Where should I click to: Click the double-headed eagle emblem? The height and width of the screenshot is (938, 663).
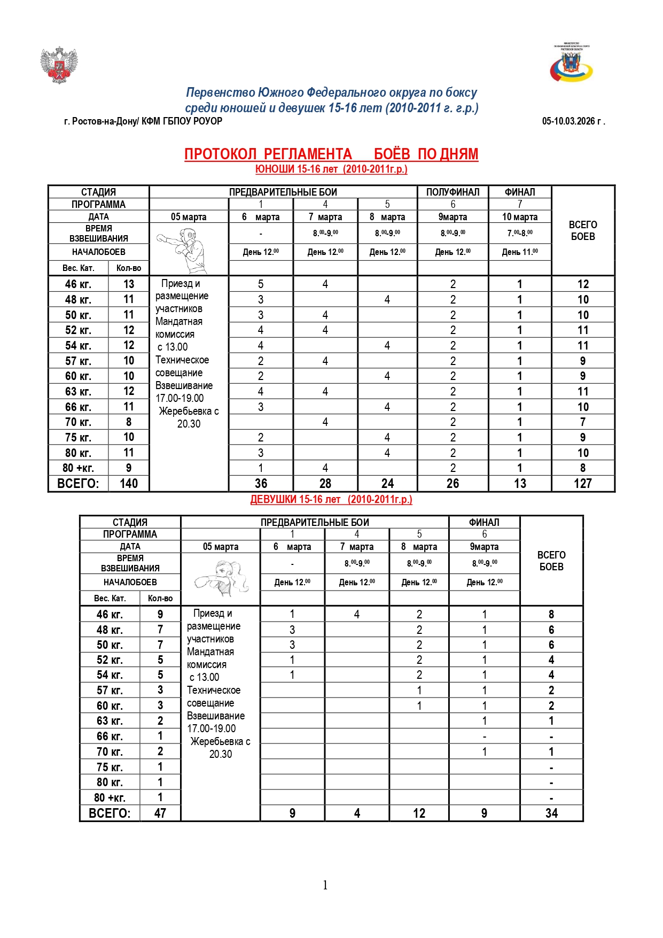click(59, 65)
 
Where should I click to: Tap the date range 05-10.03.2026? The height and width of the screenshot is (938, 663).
click(573, 121)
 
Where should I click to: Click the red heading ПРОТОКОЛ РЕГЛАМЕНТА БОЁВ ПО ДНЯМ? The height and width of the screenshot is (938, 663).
click(331, 154)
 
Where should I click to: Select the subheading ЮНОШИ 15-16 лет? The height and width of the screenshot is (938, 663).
click(331, 169)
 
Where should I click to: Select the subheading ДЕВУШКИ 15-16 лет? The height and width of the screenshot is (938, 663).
click(331, 499)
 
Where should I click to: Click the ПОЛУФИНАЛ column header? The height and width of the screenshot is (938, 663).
click(453, 192)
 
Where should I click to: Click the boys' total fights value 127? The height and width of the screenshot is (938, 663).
click(582, 484)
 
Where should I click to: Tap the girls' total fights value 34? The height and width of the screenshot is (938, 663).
click(551, 813)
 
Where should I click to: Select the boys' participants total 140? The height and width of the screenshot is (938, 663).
click(129, 484)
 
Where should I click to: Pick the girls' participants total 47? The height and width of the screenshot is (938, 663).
click(160, 813)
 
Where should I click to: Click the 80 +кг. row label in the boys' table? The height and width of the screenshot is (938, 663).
click(79, 468)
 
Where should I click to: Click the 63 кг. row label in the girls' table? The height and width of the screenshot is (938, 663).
click(110, 721)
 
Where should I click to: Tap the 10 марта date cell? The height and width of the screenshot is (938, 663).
click(519, 217)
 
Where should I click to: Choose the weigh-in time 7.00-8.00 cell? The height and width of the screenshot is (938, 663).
click(519, 233)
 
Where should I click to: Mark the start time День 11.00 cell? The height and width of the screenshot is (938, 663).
click(519, 252)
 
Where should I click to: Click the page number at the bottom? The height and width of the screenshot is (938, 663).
click(325, 885)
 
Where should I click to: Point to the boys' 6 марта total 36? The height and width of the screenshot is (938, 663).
click(261, 484)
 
